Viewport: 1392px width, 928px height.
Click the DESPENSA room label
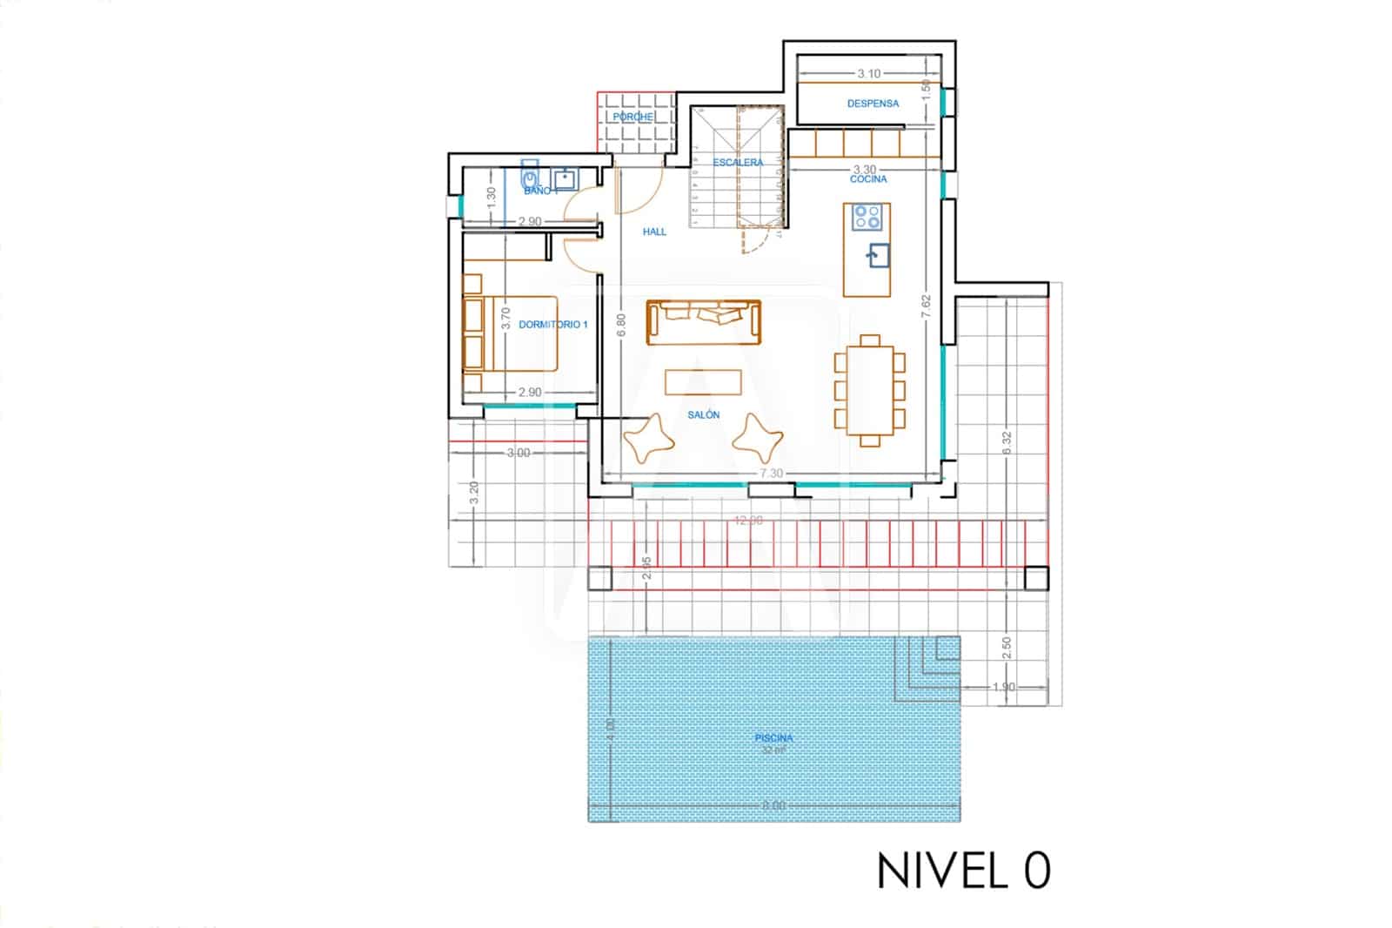(873, 104)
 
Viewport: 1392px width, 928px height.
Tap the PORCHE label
(632, 117)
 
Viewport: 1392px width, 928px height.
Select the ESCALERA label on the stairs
(738, 163)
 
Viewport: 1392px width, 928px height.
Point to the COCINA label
(868, 179)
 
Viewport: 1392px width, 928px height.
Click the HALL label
(654, 232)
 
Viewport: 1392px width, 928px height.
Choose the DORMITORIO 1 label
(553, 325)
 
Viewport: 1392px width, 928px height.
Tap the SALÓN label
(703, 415)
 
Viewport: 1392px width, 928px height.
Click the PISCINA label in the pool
(773, 738)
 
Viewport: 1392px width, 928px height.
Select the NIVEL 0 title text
(963, 871)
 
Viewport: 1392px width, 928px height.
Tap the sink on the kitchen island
(877, 255)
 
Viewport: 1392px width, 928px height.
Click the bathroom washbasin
(565, 179)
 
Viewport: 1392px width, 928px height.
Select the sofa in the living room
(703, 320)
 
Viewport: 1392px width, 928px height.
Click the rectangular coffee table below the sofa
(703, 382)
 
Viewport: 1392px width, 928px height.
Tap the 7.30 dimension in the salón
(771, 474)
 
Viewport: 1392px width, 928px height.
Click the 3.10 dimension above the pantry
(868, 74)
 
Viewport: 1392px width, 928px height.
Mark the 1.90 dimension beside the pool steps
(1003, 687)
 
